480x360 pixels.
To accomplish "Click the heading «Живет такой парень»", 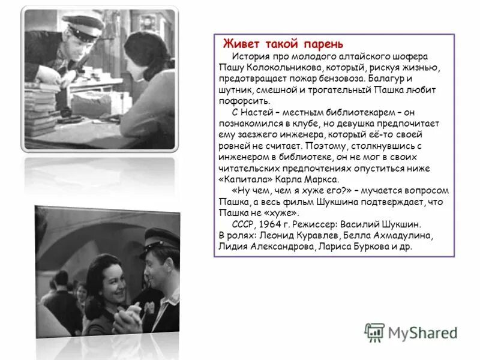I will point(283,44).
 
